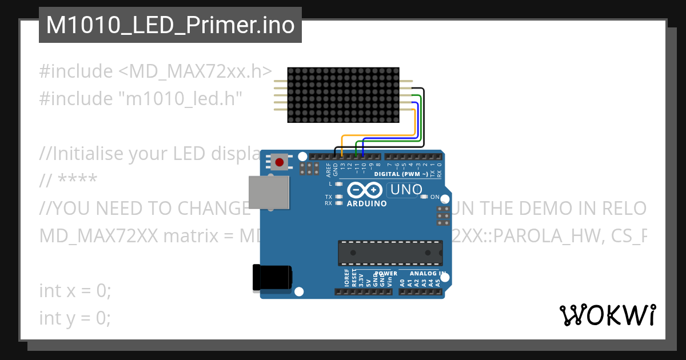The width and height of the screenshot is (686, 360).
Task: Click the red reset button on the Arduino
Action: (x=279, y=162)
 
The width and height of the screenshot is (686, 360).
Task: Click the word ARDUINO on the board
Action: (x=366, y=203)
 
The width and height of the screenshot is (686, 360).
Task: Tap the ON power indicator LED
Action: (x=424, y=197)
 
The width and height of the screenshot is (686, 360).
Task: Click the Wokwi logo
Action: (x=607, y=315)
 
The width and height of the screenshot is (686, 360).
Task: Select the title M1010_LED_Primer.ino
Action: (x=170, y=25)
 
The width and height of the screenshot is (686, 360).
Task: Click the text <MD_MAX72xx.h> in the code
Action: (x=195, y=71)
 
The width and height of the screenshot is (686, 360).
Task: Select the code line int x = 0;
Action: (x=75, y=290)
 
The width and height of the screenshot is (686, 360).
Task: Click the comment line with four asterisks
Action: (x=69, y=181)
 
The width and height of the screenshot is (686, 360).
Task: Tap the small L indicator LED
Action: (x=339, y=184)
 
